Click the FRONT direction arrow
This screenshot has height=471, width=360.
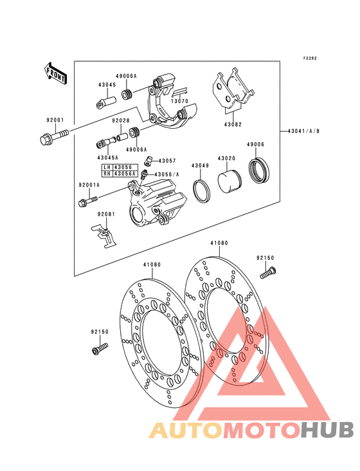[55, 73]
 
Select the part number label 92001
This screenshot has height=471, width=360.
[55, 120]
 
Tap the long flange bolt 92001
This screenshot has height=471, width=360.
[54, 136]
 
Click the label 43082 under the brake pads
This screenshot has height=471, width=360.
[233, 124]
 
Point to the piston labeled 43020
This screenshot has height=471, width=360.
[230, 181]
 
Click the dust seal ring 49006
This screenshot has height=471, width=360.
[259, 170]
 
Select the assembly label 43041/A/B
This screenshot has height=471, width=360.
[303, 131]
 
